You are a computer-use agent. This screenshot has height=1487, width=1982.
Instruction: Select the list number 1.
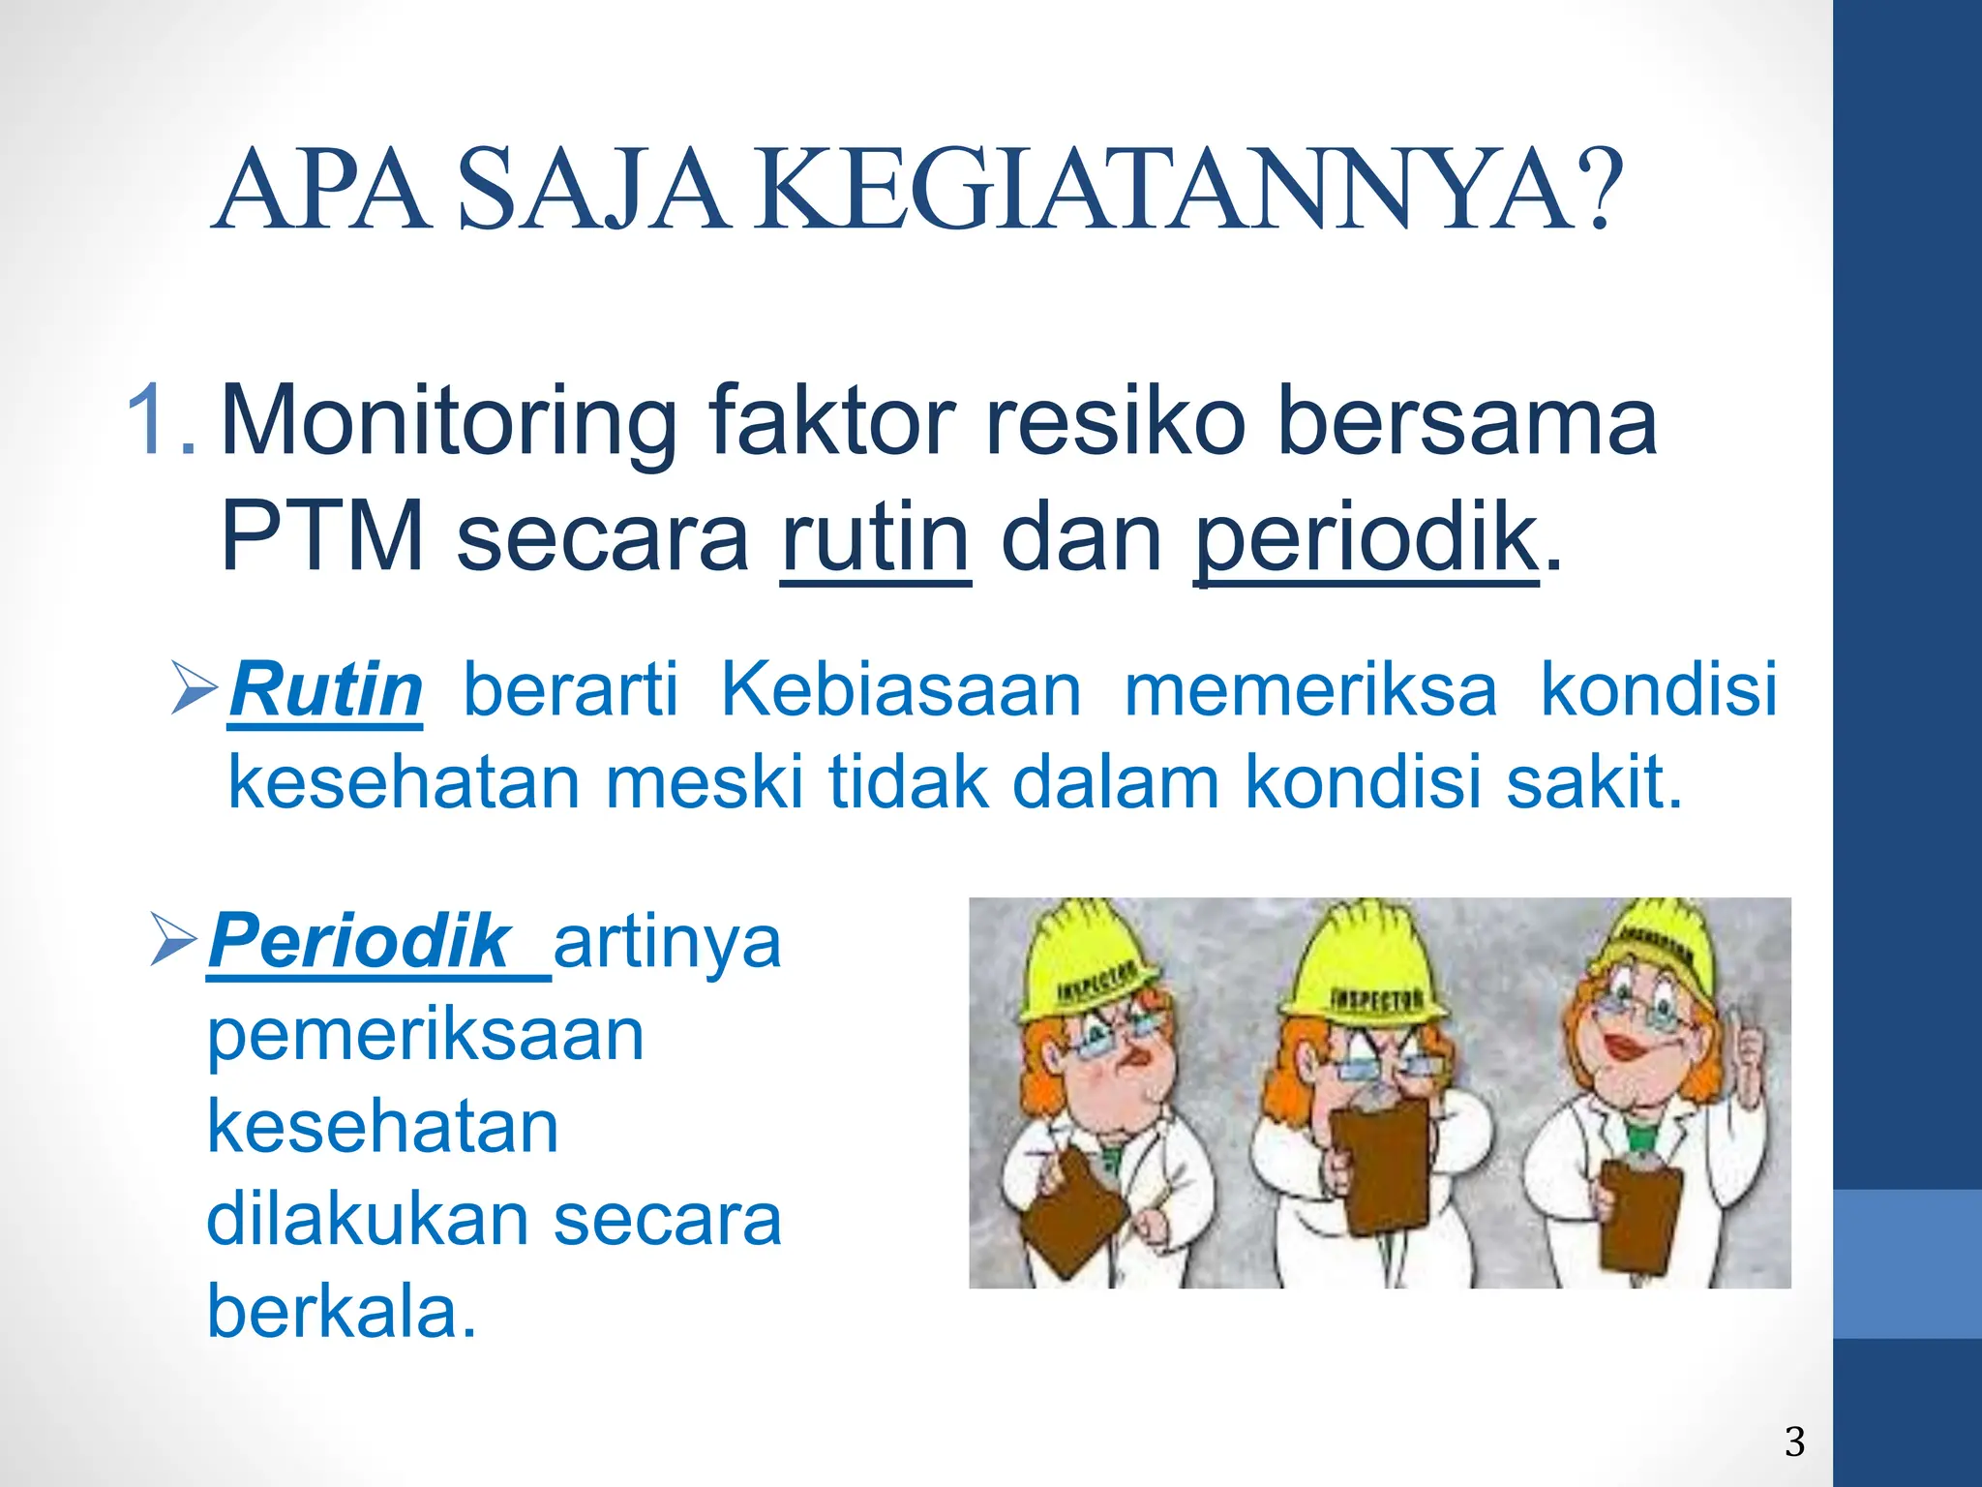coord(160,420)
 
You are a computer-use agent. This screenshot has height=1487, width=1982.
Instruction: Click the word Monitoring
coord(449,422)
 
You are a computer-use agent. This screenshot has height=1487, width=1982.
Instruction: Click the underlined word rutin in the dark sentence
coord(875,537)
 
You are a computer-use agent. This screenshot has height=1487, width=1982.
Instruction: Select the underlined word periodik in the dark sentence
coord(1366,537)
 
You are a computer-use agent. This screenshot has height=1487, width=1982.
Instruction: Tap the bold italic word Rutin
coord(326,689)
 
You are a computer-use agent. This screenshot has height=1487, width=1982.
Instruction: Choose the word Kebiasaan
coord(900,689)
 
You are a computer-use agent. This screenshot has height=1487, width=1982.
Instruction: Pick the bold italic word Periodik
coord(359,940)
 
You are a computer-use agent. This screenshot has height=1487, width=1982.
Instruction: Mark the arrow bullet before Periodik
coord(174,938)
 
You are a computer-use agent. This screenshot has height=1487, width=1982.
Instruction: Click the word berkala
coord(341,1312)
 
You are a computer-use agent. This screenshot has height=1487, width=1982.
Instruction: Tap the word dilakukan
coord(366,1219)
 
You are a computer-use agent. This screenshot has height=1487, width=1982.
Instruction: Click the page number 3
coord(1794,1441)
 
